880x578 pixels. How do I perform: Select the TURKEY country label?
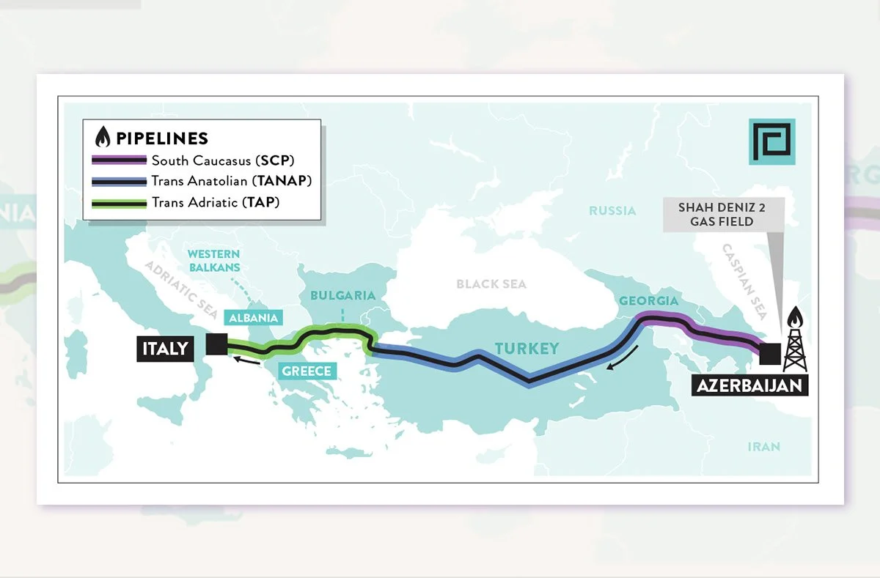pyautogui.click(x=527, y=348)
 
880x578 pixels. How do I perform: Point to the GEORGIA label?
pyautogui.click(x=649, y=300)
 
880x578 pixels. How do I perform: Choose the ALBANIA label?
pyautogui.click(x=254, y=318)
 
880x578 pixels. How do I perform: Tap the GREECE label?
pyautogui.click(x=307, y=371)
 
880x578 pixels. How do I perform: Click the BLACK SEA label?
pyautogui.click(x=491, y=284)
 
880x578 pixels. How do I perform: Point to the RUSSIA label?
pyautogui.click(x=612, y=211)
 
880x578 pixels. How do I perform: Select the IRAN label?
pyautogui.click(x=763, y=446)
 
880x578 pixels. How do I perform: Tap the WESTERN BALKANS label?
pyautogui.click(x=213, y=261)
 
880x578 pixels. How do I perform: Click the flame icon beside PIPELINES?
pyautogui.click(x=103, y=137)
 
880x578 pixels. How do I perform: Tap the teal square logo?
pyautogui.click(x=772, y=141)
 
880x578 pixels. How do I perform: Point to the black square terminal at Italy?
pyautogui.click(x=216, y=344)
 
